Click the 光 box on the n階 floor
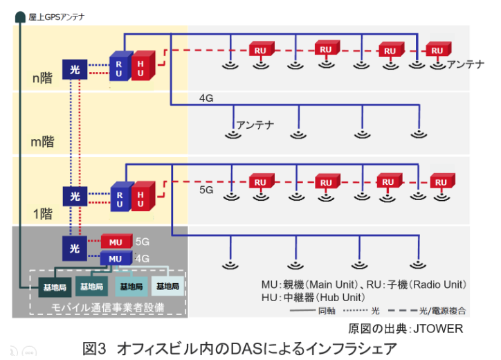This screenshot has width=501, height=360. coord(74,69)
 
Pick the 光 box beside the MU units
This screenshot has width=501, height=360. coord(74,247)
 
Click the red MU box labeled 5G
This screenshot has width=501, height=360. coord(116,242)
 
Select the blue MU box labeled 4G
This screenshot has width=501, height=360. coord(116,258)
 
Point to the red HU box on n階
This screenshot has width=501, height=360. coord(140,66)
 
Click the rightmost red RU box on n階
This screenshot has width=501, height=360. coord(436,51)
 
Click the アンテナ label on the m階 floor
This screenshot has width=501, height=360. coord(256,125)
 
